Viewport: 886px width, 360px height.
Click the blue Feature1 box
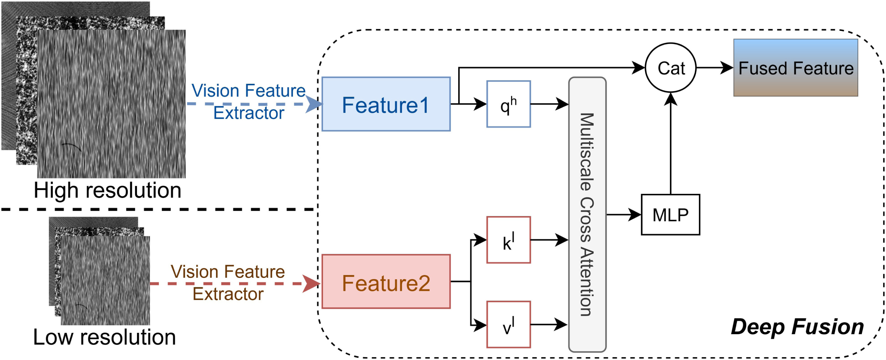point(386,104)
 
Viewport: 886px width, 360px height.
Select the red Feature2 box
point(386,281)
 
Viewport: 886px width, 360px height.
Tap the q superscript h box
point(508,104)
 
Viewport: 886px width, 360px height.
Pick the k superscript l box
point(508,240)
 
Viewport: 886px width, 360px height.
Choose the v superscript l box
point(508,325)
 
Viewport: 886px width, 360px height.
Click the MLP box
point(670,215)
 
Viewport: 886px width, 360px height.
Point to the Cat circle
point(671,68)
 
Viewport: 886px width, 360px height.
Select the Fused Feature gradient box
point(796,68)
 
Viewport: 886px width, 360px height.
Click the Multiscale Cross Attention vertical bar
point(587,214)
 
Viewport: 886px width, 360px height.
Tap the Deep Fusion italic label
point(797,327)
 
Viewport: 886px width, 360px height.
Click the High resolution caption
point(107,190)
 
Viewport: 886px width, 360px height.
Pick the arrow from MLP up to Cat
point(671,144)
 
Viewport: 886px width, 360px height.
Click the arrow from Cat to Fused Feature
point(715,68)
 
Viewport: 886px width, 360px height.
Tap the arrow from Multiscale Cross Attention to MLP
point(624,215)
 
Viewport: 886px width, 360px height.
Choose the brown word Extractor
point(228,294)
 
